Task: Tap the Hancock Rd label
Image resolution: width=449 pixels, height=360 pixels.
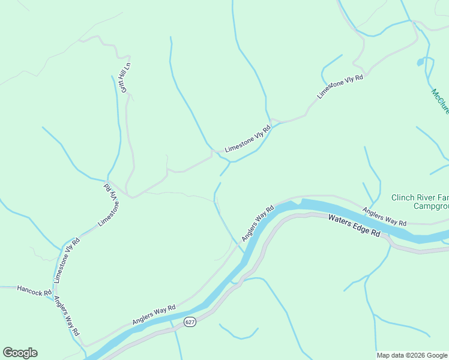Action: [35, 291]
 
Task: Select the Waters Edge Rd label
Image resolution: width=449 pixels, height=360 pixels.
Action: [355, 225]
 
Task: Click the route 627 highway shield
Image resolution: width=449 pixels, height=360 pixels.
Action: [190, 322]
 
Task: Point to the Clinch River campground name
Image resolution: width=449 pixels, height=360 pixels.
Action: [420, 202]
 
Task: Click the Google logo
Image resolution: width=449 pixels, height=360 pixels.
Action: [20, 353]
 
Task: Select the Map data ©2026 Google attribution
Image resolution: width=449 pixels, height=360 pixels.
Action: [412, 355]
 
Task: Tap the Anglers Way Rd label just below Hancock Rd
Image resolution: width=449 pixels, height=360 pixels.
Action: [67, 316]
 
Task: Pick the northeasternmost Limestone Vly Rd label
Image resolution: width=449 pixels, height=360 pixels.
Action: [340, 88]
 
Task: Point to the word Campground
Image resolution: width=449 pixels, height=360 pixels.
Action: [431, 206]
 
